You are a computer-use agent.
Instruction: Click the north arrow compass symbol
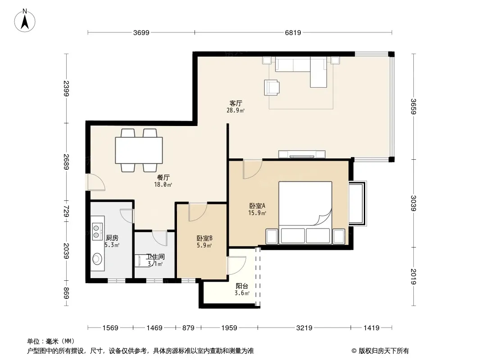pos(25,20)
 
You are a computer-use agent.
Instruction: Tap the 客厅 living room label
pos(235,103)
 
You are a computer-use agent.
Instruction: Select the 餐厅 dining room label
pos(163,177)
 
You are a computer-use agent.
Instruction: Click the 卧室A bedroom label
pos(257,206)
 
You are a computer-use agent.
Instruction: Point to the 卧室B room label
pos(204,238)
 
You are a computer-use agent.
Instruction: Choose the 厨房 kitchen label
pos(112,238)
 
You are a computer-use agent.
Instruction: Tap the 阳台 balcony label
pos(242,286)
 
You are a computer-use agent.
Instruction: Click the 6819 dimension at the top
pos(293,32)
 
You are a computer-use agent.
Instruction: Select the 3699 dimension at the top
pos(141,32)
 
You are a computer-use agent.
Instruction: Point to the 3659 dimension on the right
pos(413,107)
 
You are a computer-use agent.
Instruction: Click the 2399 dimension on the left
pos(67,88)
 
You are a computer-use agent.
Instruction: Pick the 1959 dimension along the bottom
pos(229,328)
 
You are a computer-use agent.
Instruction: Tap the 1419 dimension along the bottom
pos(371,328)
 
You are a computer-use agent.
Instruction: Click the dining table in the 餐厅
pos(139,150)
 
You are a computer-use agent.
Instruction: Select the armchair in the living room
pos(272,87)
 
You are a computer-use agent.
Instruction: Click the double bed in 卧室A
pos(305,213)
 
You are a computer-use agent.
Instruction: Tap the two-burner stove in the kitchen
pos(97,231)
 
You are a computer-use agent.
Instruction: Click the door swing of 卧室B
pos(198,211)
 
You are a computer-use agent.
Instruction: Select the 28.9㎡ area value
pos(235,110)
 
